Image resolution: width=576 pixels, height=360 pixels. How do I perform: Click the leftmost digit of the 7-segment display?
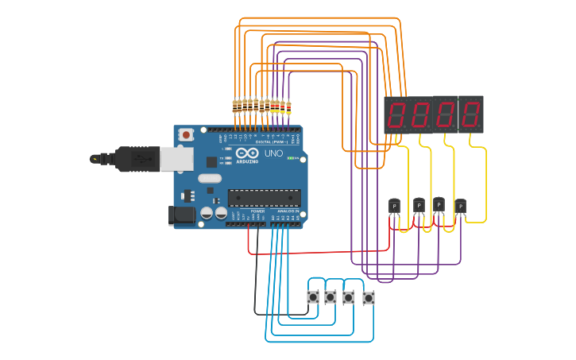coord(398,116)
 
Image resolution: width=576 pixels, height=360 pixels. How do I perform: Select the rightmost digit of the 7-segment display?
coord(470,116)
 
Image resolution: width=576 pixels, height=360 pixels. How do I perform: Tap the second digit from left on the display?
coord(422,116)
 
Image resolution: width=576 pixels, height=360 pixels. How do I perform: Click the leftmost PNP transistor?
coord(395,206)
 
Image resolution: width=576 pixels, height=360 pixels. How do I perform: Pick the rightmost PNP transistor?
coord(461,206)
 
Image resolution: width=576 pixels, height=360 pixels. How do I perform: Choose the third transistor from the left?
coord(439,203)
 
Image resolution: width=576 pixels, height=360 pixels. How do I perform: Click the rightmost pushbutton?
coord(369,299)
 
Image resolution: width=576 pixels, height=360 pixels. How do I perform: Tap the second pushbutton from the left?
coord(331,297)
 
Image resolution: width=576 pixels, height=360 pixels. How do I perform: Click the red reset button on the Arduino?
coord(186,135)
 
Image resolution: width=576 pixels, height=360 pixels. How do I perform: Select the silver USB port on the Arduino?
coord(176,160)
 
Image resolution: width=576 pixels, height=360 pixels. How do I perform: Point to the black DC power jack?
coord(182,215)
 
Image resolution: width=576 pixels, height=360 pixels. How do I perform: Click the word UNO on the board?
coord(273,153)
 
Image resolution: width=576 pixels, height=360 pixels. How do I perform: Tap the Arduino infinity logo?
coord(247,153)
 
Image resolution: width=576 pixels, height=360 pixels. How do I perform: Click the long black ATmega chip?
coord(264,197)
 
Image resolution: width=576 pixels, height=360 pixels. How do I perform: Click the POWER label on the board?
coord(257,211)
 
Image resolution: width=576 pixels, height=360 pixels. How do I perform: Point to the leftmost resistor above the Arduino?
coord(235,105)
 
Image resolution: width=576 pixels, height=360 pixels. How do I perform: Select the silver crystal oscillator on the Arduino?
coord(210,178)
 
